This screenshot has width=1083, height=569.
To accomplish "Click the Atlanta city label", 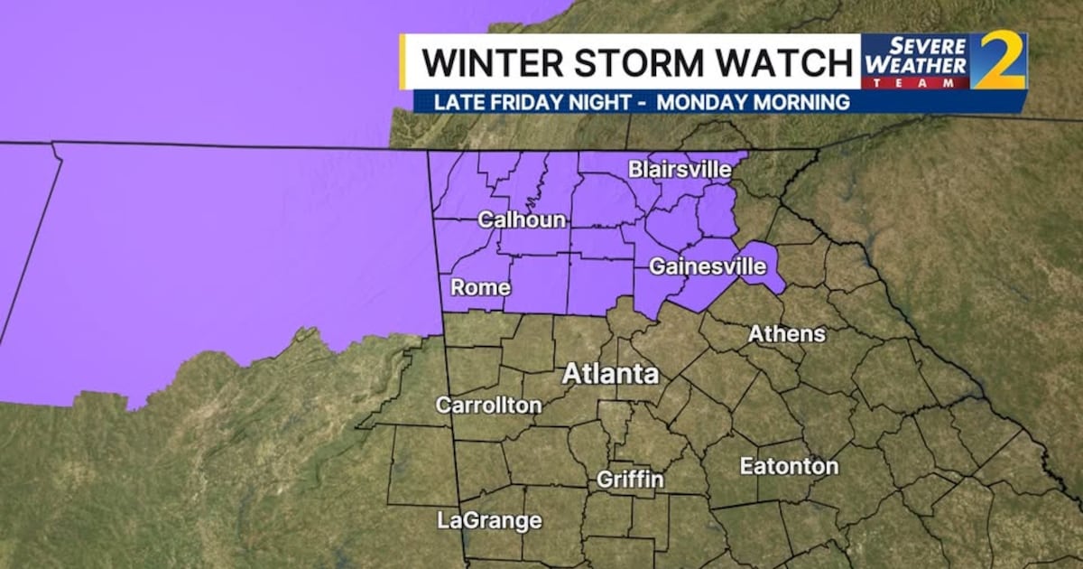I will pos(611,373).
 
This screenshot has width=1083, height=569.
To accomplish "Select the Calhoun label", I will pos(522,219).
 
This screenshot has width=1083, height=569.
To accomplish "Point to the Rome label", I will pos(480,288).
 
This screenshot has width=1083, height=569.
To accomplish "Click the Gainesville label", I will pos(708,266).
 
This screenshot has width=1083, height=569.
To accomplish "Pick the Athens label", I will pos(786,333).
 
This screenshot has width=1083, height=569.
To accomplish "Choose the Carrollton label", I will pos(488,405).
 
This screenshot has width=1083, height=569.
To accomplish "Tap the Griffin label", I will pos(630,479).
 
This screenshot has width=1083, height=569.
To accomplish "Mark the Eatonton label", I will pos(789,466).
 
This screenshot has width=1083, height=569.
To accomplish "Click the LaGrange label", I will pos(489,520).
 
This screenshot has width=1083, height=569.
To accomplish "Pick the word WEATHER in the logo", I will pos(916,66).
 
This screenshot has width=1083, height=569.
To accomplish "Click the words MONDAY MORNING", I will pos(753,102).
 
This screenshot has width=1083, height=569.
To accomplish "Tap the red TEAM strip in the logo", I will pos(916,82).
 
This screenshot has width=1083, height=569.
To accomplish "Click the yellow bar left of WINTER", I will pos(403,61).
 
